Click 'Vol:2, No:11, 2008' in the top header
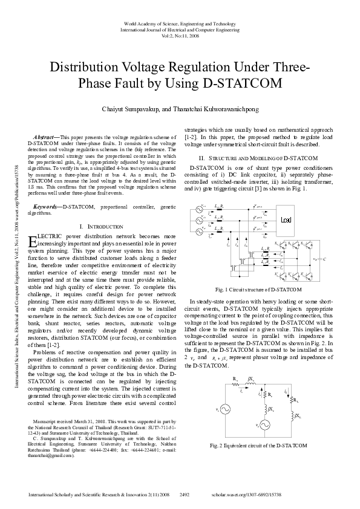pyautogui.click(x=180, y=36)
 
